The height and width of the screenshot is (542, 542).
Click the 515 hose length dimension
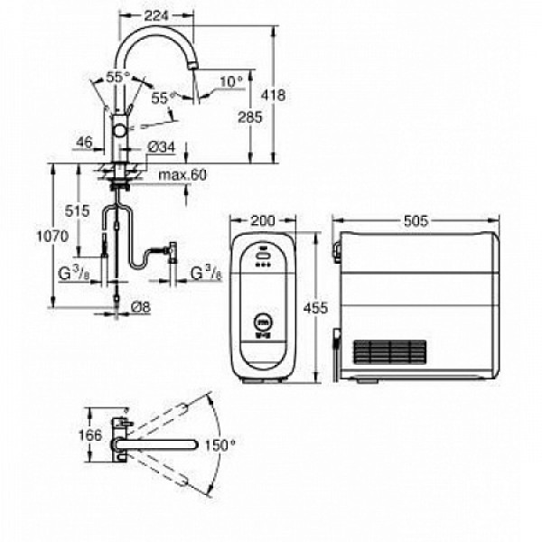(x=79, y=210)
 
